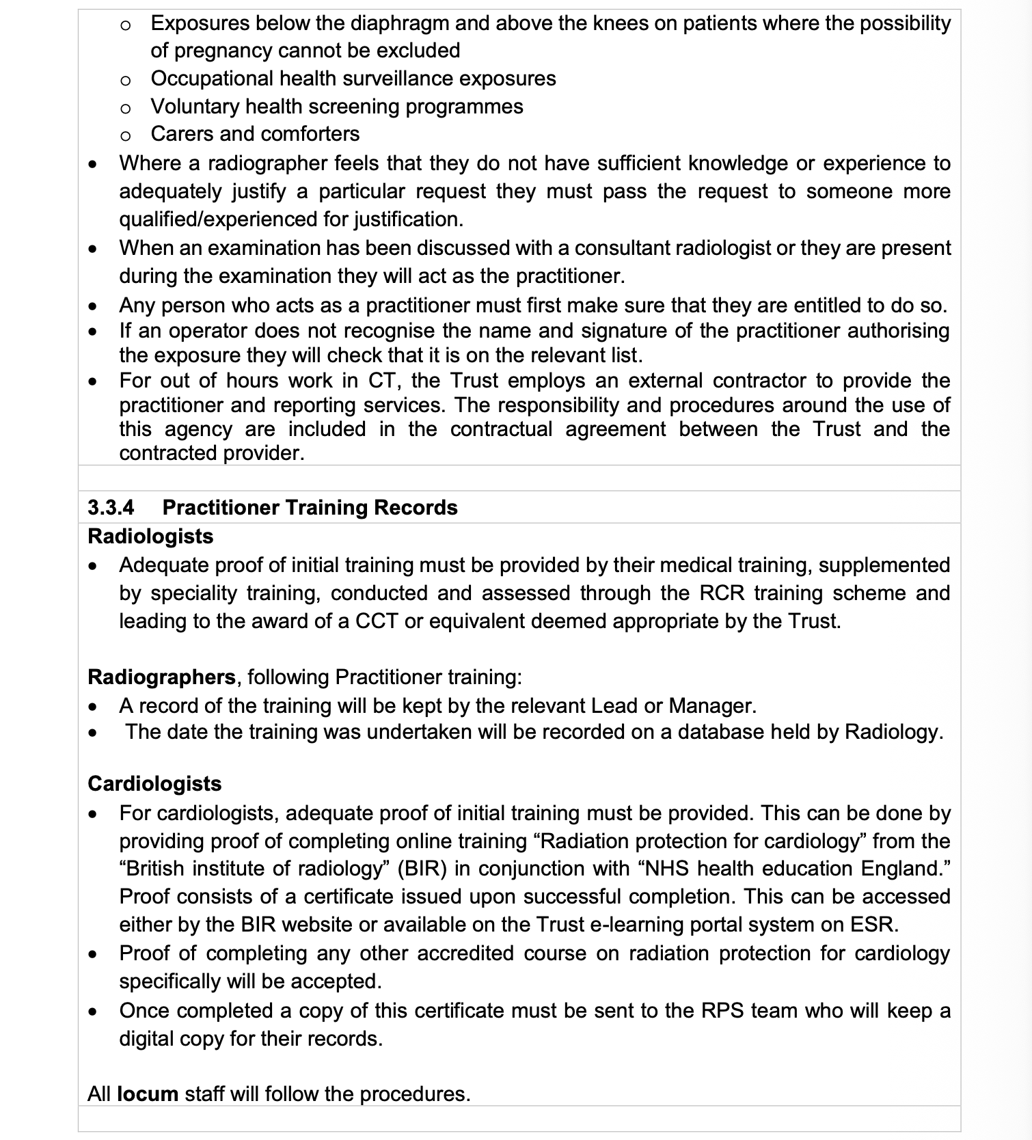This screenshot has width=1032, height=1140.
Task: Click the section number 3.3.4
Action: [111, 508]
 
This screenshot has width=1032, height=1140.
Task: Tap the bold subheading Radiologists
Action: [150, 537]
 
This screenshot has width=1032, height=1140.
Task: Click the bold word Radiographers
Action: [162, 677]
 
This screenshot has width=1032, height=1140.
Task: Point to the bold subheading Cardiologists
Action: [154, 784]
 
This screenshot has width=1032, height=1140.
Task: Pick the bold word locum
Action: [148, 1094]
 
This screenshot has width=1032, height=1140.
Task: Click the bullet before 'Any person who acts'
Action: [93, 306]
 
